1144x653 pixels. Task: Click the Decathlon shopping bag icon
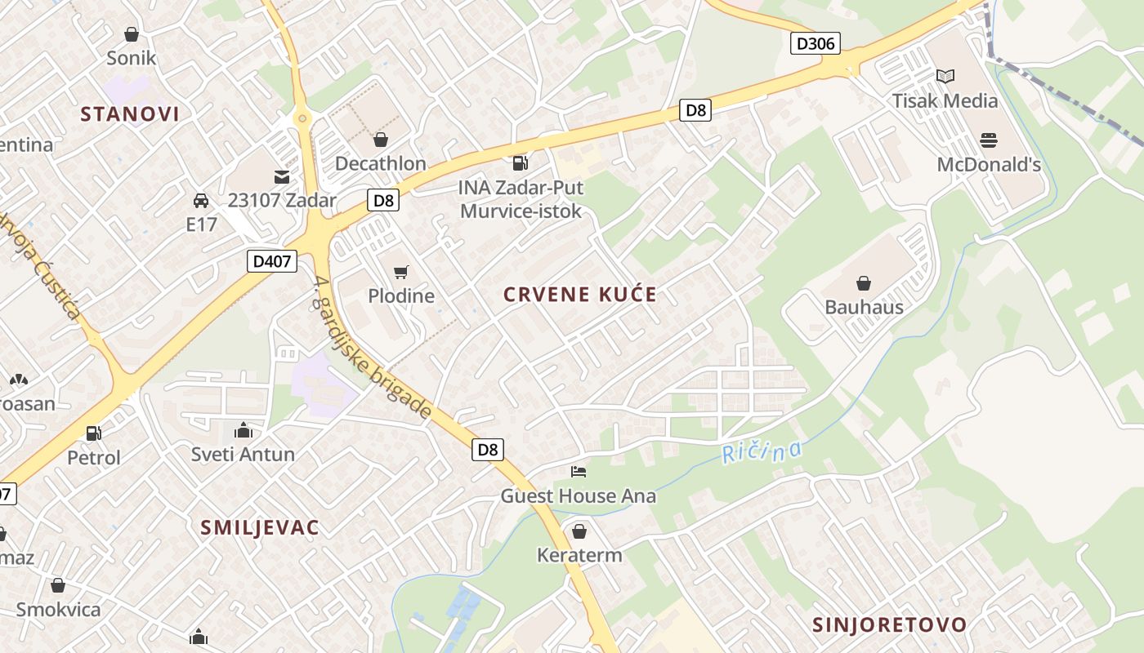pos(380,140)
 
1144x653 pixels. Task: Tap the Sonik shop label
pos(132,58)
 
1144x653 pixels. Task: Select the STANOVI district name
pos(130,114)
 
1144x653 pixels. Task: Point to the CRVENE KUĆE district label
pos(580,295)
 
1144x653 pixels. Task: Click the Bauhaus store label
pos(864,307)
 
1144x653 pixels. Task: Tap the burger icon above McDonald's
pos(989,140)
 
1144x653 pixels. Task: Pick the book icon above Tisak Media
pos(945,76)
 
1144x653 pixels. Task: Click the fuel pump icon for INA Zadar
pos(521,163)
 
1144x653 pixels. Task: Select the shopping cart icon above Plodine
pos(400,272)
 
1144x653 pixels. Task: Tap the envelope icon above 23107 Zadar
pos(282,176)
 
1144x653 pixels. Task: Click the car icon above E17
pos(200,200)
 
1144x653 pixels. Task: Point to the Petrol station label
pos(94,458)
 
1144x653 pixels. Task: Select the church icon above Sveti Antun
pos(244,430)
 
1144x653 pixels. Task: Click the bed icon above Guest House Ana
pos(579,472)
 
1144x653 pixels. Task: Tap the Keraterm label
pos(579,555)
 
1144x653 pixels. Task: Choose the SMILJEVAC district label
pos(260,528)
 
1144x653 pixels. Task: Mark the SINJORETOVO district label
pos(890,625)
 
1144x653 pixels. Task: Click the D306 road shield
pos(816,43)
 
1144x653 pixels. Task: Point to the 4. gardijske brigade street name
pos(372,348)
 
